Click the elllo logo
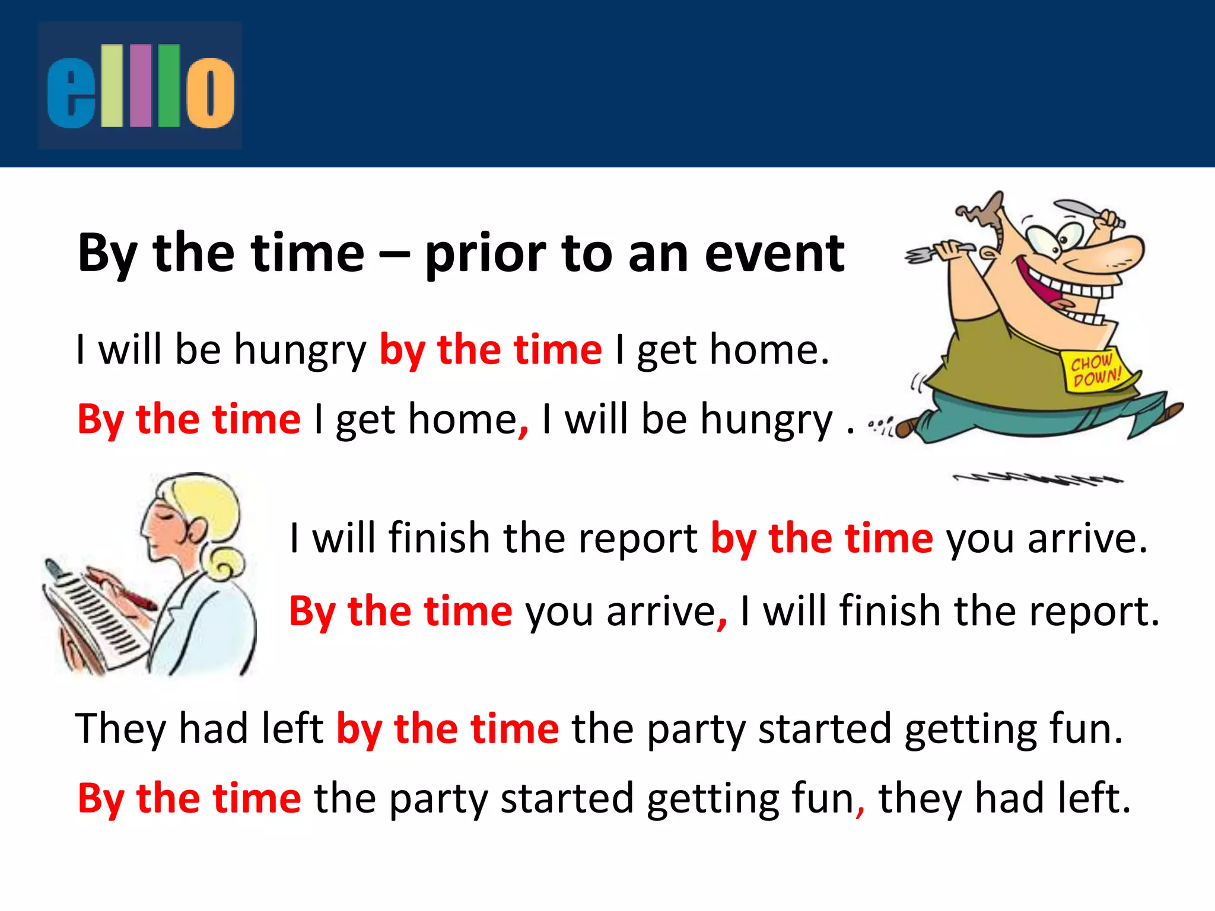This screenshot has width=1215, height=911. pyautogui.click(x=140, y=85)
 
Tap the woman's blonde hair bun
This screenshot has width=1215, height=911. pyautogui.click(x=225, y=563)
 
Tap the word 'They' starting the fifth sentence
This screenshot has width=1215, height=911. pyautogui.click(x=120, y=729)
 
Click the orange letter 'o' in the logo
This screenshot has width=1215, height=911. pyautogui.click(x=210, y=93)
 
